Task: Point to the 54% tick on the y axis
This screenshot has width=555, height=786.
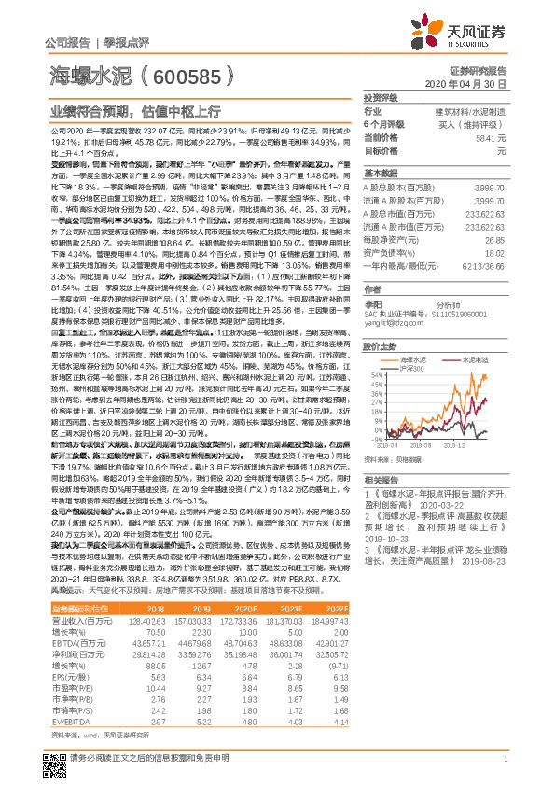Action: coord(375,374)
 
